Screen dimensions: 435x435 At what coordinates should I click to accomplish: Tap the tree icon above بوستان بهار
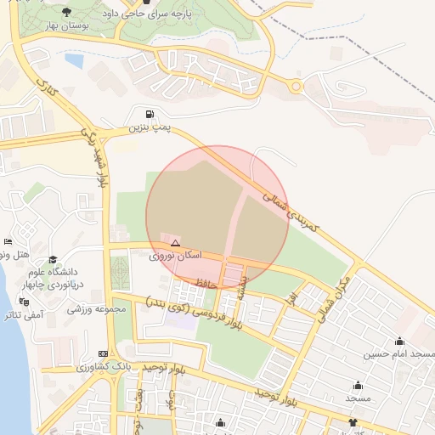(67, 12)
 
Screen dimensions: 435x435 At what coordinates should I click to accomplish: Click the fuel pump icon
(150, 115)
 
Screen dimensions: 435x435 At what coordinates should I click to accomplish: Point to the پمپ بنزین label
(150, 128)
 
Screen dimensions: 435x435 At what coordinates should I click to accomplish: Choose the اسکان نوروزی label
(176, 255)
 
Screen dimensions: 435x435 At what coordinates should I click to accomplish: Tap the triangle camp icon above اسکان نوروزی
(175, 243)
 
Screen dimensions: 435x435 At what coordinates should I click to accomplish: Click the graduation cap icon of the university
(53, 260)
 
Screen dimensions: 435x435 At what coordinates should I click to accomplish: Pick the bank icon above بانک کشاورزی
(103, 353)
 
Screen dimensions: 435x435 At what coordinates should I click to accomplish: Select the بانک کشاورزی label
(102, 366)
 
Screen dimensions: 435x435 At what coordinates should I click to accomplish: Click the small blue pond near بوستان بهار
(75, 61)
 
